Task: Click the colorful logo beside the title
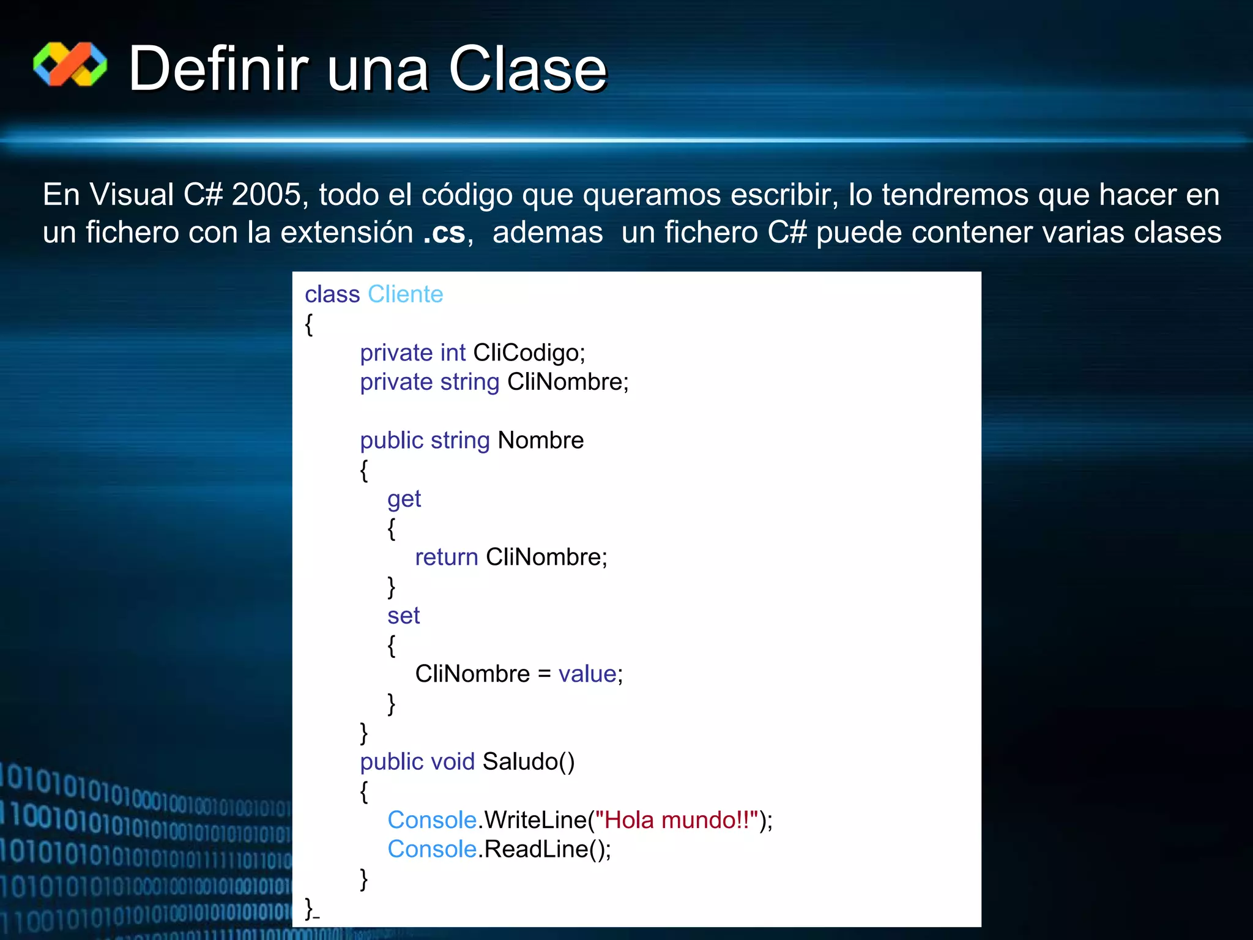[70, 64]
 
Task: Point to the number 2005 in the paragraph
[266, 195]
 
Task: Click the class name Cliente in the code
[405, 294]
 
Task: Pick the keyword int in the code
[453, 353]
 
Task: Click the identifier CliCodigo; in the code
[529, 353]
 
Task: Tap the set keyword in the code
[403, 616]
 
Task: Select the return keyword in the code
[446, 558]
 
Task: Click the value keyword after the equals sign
[587, 674]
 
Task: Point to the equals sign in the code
[544, 674]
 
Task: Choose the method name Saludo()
[529, 762]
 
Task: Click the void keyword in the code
[453, 762]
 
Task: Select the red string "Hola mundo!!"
[677, 820]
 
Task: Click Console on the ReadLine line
[432, 849]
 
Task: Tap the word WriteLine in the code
[535, 820]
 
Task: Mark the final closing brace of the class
[309, 907]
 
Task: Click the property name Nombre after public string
[541, 441]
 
